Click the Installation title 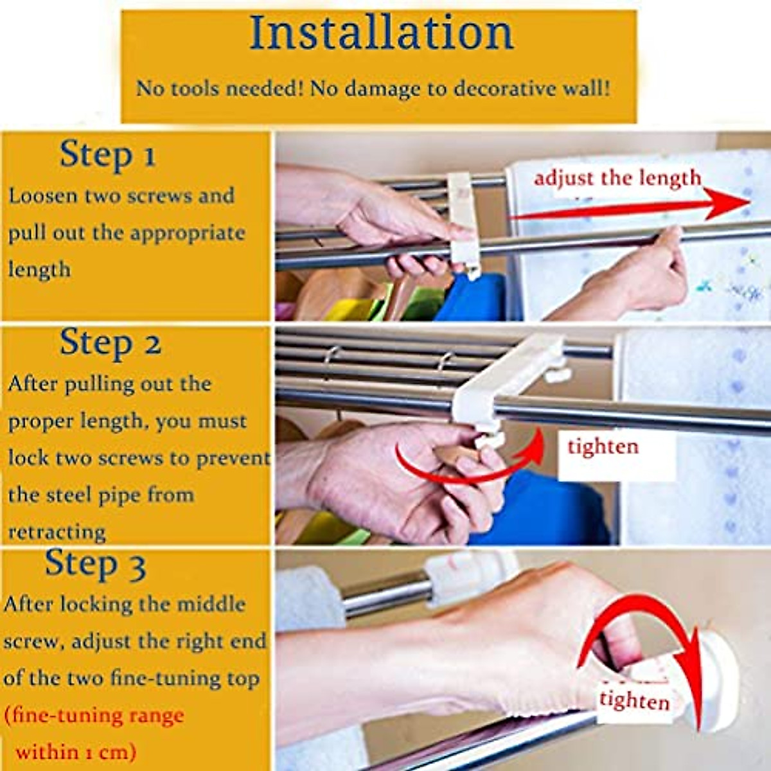(381, 33)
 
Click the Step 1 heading (107, 155)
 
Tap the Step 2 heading (110, 343)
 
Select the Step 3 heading (95, 565)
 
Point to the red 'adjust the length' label (617, 178)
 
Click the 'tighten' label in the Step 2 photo (603, 447)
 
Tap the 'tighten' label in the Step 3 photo (634, 700)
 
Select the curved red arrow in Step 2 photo (469, 466)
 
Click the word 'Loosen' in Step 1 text (41, 196)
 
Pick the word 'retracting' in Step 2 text (57, 532)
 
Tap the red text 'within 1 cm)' (76, 751)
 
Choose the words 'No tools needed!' (219, 88)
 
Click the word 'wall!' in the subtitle (586, 88)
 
